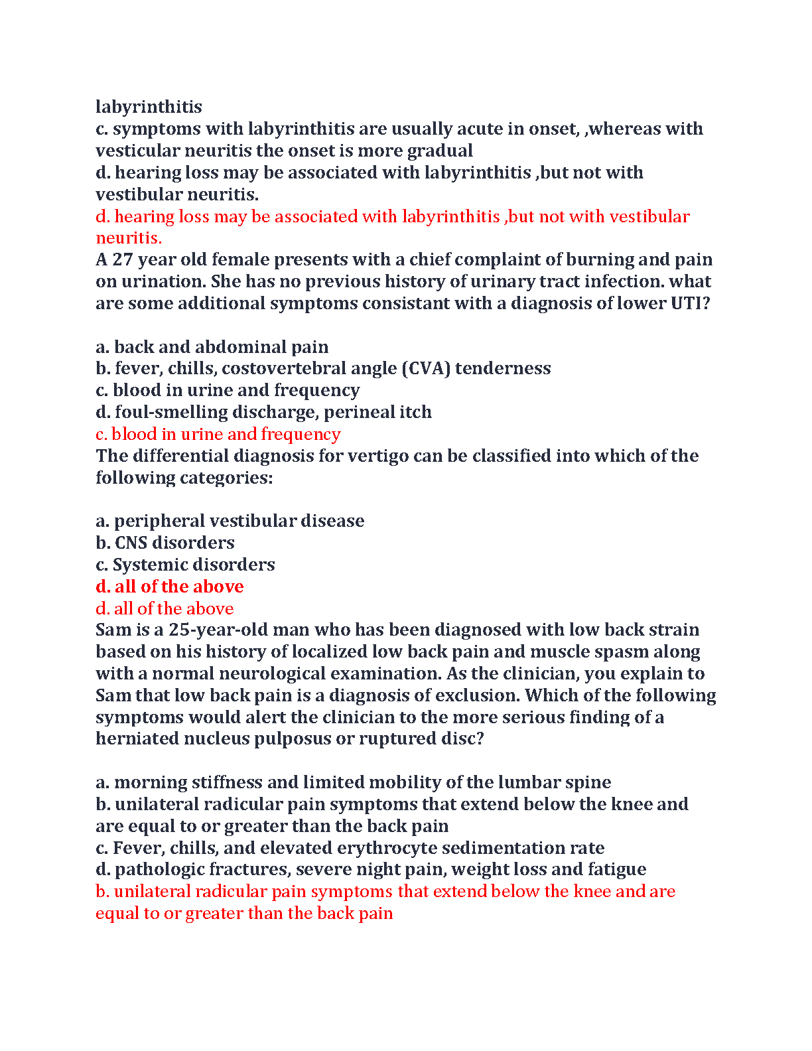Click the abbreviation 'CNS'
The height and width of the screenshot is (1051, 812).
pyautogui.click(x=131, y=543)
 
